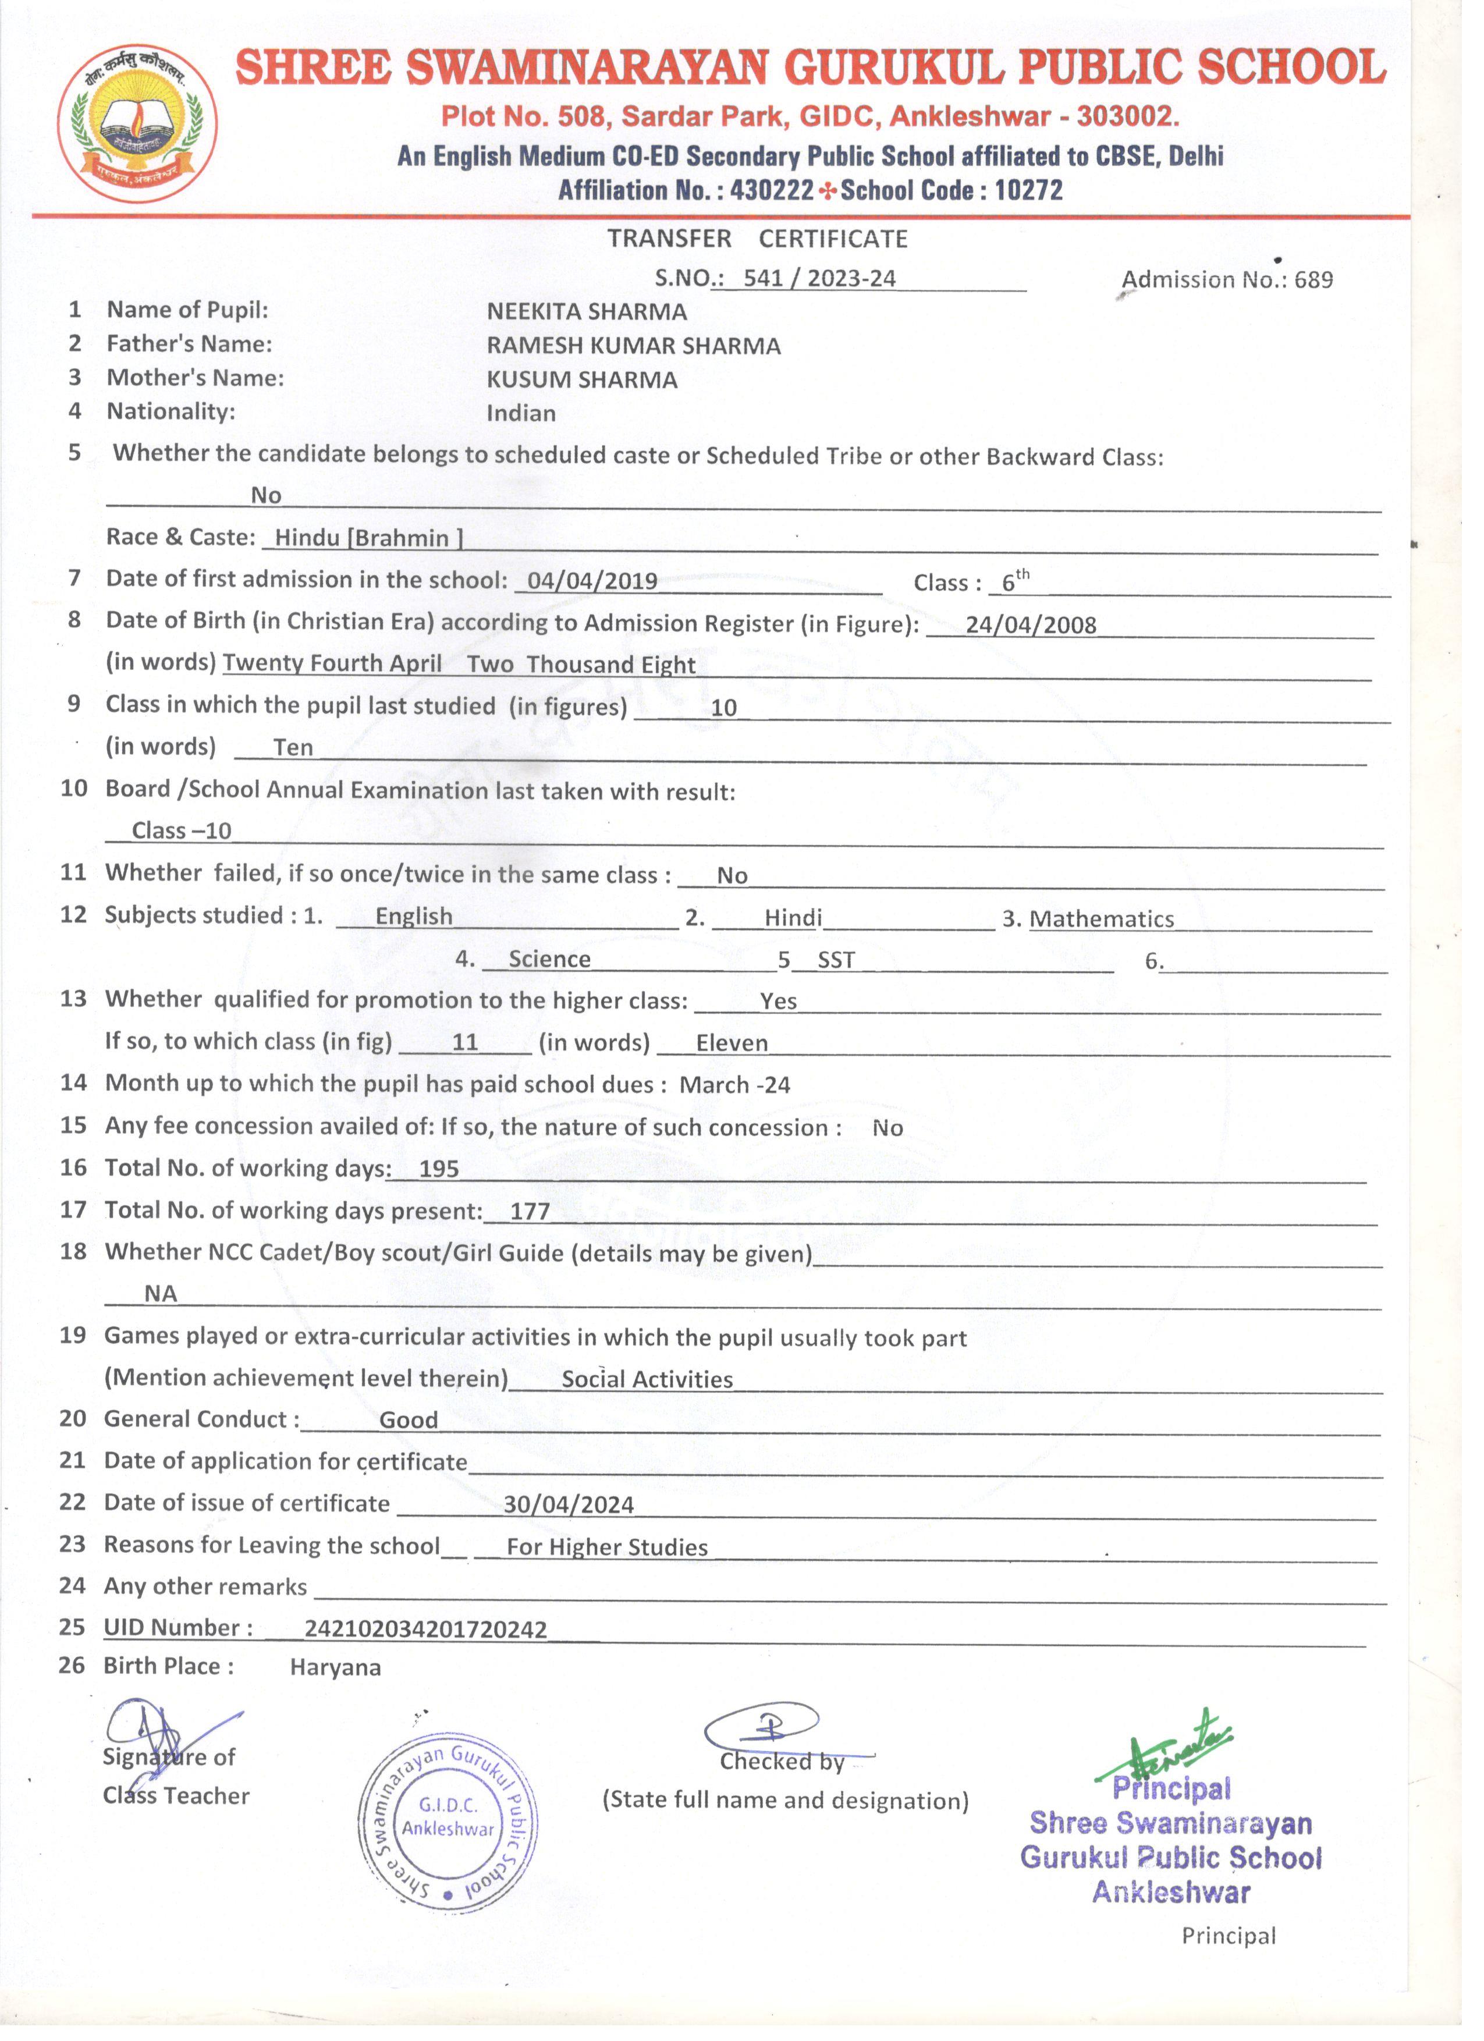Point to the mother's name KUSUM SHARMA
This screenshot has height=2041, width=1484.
pyautogui.click(x=581, y=380)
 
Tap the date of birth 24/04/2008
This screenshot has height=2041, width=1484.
pyautogui.click(x=1031, y=626)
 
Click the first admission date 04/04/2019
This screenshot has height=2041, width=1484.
pyautogui.click(x=592, y=580)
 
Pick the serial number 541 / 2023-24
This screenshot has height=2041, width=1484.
pyautogui.click(x=819, y=278)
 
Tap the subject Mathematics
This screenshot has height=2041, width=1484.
pyautogui.click(x=1102, y=919)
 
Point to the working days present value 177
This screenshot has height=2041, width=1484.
pyautogui.click(x=529, y=1211)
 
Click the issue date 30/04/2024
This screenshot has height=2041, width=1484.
pyautogui.click(x=568, y=1504)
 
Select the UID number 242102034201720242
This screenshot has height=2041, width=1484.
pyautogui.click(x=425, y=1629)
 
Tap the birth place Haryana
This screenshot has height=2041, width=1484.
pyautogui.click(x=335, y=1667)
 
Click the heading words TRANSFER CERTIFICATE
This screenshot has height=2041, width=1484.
pyautogui.click(x=757, y=239)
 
